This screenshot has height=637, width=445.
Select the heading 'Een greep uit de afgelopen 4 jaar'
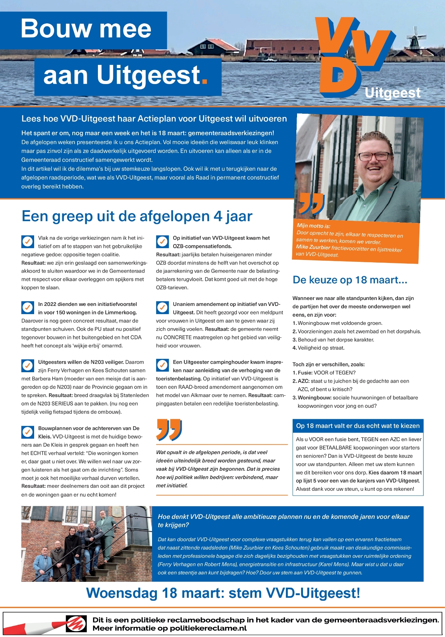tap(137, 216)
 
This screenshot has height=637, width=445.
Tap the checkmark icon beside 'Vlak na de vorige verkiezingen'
tap(27, 241)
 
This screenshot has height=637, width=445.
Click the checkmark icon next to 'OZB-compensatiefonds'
tap(162, 241)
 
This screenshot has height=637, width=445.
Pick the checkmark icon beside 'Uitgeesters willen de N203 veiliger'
tap(27, 366)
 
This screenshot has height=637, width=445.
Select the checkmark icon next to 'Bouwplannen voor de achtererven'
tap(27, 432)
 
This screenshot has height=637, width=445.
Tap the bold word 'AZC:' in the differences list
tap(303, 381)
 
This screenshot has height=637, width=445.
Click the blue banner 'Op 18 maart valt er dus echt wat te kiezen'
tap(357, 426)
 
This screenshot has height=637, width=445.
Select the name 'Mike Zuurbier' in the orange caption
tap(313, 247)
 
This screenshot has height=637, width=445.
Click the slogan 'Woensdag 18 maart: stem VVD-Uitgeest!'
tap(223, 593)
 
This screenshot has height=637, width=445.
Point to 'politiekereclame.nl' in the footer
tap(208, 628)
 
